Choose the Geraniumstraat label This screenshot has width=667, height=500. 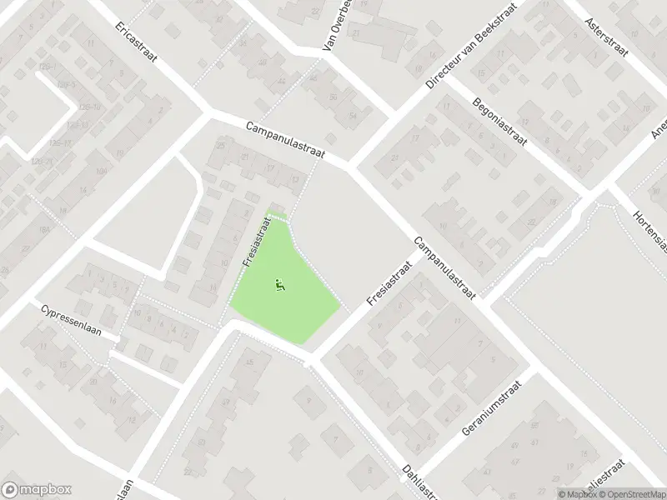point(491,410)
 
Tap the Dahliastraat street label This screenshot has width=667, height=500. point(421,482)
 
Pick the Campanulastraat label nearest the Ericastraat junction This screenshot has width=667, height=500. point(285,140)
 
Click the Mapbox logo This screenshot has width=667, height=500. point(37,490)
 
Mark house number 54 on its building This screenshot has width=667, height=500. point(354,116)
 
